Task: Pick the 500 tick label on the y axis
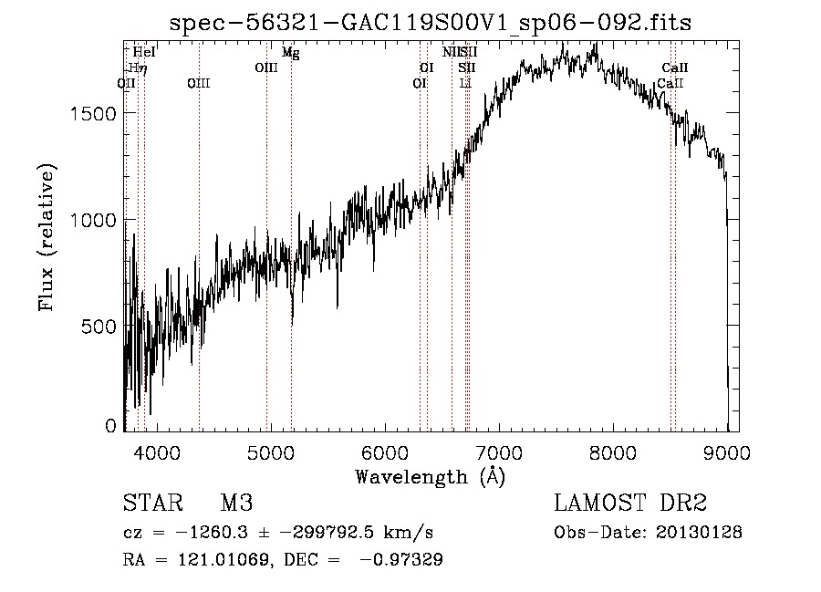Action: point(99,327)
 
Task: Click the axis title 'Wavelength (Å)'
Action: point(430,476)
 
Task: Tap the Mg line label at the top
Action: point(290,53)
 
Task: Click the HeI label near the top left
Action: point(144,53)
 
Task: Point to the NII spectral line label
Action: point(451,53)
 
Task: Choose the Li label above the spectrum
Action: point(465,83)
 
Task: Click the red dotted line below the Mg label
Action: point(291,228)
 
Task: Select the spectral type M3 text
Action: point(236,504)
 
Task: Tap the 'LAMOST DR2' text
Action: point(630,504)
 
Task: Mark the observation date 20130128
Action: point(696,532)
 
